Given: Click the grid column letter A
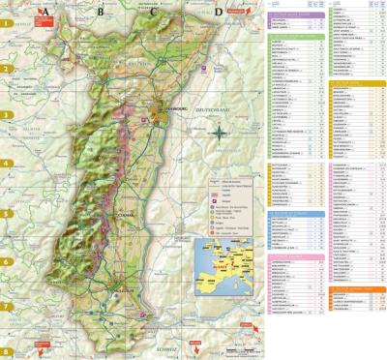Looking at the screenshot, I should coord(42,13).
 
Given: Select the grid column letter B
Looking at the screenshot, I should coord(99,13).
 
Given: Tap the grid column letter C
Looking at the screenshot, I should coord(155,13).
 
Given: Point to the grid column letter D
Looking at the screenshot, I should coord(218,13).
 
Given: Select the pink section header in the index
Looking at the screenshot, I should coord(295,255).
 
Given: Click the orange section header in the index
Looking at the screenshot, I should coord(358,83).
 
